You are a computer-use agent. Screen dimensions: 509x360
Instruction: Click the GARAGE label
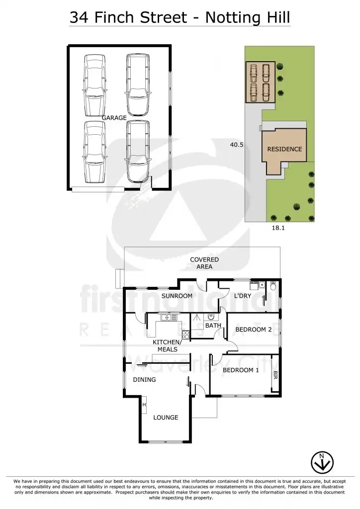[114, 118]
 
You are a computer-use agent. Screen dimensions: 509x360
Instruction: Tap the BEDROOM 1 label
[241, 370]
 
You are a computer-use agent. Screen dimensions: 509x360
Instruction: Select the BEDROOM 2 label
[254, 330]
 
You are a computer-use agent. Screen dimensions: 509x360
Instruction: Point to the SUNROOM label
[177, 296]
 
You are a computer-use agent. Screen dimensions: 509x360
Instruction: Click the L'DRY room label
[243, 296]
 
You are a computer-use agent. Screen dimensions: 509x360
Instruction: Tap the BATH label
[213, 326]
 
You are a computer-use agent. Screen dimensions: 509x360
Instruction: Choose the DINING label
[144, 380]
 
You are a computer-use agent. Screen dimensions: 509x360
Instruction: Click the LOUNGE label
[166, 418]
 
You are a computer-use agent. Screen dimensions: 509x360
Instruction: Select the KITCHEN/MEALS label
[168, 346]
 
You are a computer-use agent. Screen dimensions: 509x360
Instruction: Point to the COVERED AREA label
[204, 263]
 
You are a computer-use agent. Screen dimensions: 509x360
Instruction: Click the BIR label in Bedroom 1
[275, 374]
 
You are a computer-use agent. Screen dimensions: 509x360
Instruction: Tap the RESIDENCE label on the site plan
[284, 149]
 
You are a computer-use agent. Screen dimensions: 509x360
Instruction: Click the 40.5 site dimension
[236, 145]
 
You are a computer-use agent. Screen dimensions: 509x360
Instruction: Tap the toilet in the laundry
[272, 287]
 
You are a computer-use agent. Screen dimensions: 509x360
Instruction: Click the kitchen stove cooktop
[185, 334]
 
